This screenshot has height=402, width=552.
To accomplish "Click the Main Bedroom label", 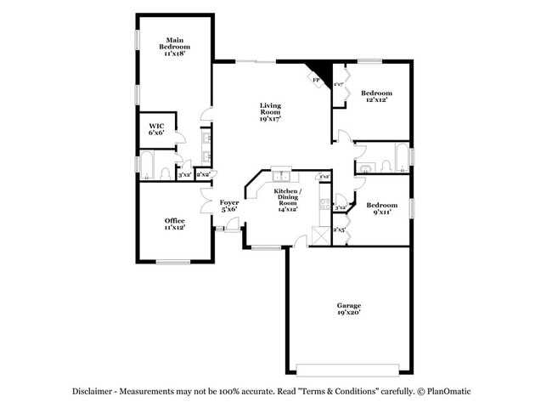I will tap(175, 46).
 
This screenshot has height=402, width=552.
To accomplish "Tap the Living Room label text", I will tap(270, 112).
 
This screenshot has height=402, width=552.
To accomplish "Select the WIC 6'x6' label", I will tap(156, 127).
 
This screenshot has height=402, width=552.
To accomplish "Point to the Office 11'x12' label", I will tap(175, 224).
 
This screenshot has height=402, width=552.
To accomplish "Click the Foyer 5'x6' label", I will tap(229, 206).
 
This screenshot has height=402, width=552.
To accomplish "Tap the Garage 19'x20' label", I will tap(348, 309).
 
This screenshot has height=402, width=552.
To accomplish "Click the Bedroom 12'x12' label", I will tap(375, 96).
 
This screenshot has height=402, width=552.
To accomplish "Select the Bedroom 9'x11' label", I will tap(381, 209).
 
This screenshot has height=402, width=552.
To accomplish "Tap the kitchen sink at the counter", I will tap(281, 177).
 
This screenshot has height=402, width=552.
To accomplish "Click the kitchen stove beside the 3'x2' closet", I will tap(324, 204).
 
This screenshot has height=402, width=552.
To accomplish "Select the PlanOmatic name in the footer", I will tap(454, 391).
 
